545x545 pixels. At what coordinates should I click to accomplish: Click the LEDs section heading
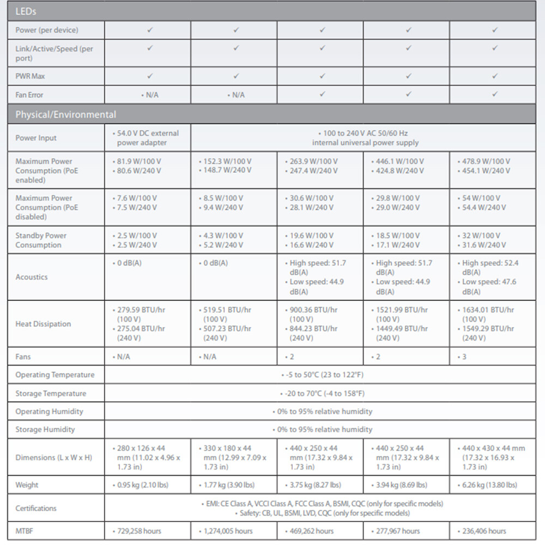[26, 11]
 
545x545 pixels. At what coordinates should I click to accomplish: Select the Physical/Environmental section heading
[65, 114]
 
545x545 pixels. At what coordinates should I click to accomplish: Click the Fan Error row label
[29, 95]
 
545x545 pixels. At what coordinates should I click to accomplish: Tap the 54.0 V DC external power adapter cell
[148, 138]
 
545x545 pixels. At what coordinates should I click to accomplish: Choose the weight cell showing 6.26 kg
[489, 485]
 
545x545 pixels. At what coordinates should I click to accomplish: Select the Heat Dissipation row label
[43, 324]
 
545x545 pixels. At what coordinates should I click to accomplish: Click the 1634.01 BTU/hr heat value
[488, 310]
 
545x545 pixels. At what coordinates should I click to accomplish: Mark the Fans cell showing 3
[464, 357]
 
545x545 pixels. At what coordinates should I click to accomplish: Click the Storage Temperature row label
[51, 393]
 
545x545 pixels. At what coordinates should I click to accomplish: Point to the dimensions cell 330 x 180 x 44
[227, 448]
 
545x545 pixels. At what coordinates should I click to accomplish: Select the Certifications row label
[36, 508]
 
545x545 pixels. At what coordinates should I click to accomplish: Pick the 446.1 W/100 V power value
[401, 161]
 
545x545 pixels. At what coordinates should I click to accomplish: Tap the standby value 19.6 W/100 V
[313, 235]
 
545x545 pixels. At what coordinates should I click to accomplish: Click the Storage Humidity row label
[45, 429]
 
